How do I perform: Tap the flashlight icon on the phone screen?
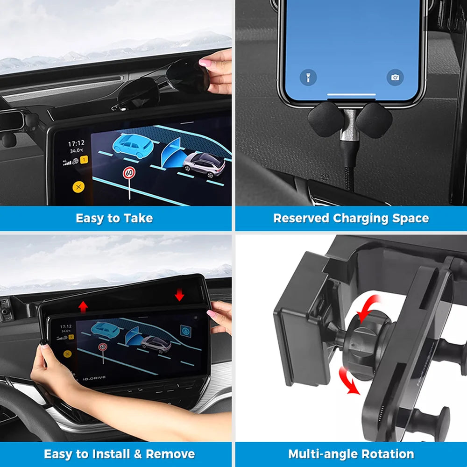[x=308, y=78]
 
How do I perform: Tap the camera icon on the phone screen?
[x=395, y=78]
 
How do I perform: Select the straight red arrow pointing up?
[x=83, y=306]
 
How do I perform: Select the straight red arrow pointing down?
[x=179, y=295]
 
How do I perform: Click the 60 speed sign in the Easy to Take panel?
[x=129, y=173]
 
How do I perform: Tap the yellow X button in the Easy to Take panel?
[x=78, y=187]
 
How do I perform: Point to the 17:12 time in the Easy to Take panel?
[x=76, y=143]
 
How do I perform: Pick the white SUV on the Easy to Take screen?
[x=204, y=164]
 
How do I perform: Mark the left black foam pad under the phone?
[x=325, y=119]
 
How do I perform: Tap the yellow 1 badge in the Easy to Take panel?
[x=85, y=160]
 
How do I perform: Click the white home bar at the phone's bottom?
[x=351, y=95]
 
